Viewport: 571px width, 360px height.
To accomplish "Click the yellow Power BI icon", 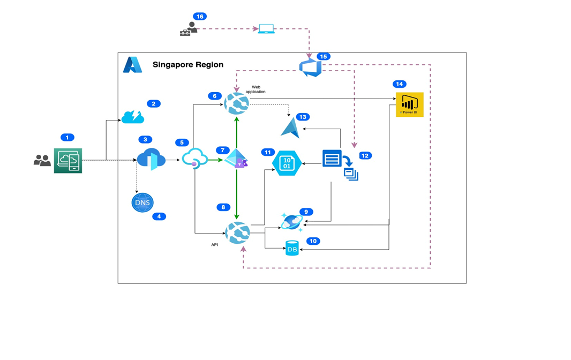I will (409, 104).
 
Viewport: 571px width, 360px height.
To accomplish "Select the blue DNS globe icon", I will (142, 202).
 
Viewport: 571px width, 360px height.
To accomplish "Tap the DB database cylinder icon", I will (292, 248).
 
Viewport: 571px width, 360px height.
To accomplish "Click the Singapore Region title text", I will (188, 65).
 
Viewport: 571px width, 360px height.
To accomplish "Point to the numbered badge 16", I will (200, 17).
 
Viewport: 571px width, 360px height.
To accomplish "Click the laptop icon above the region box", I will (266, 29).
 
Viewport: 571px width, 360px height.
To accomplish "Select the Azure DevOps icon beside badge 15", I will (310, 68).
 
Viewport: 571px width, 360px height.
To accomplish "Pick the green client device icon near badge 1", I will (68, 161).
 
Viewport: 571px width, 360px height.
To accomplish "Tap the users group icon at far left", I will (42, 160).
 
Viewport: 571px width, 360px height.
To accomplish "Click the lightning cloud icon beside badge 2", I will (133, 116).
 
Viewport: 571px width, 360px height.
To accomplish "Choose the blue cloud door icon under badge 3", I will (151, 160).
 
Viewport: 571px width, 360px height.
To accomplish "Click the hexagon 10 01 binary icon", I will (287, 163).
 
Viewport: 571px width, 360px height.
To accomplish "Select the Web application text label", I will (256, 89).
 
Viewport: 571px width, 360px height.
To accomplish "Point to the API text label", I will (214, 244).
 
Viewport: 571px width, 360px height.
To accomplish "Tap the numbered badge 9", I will (306, 212).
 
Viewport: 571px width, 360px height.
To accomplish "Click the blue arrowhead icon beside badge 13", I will (291, 129).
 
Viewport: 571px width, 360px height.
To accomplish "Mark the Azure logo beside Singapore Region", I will (132, 65).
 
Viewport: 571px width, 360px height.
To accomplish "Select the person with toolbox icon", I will (188, 29).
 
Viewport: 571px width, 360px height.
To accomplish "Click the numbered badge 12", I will (365, 155).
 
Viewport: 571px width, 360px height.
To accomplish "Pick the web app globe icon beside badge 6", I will (237, 103).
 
